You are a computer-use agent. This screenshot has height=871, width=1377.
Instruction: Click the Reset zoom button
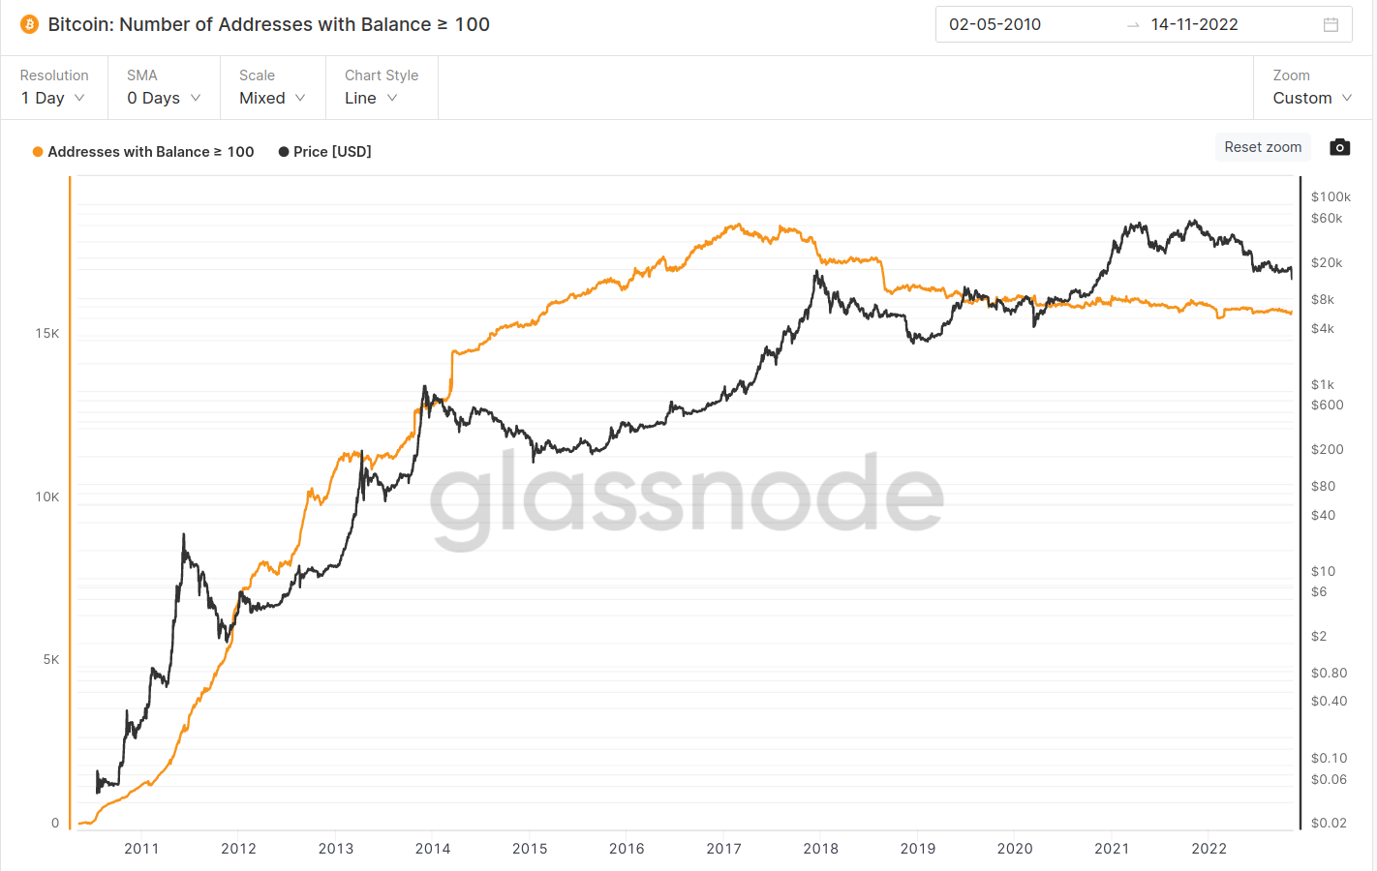pos(1263,147)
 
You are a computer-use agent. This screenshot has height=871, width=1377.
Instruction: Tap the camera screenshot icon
pos(1339,147)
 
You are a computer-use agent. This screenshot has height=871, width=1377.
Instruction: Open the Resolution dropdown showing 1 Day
pos(53,98)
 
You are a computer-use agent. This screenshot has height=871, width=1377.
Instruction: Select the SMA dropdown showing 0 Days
pos(164,98)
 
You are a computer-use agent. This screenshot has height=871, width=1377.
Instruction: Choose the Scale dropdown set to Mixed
pos(272,98)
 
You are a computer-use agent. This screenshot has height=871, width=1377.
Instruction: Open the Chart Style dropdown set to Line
pos(371,98)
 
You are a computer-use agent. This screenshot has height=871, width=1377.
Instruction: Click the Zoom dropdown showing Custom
pos(1311,98)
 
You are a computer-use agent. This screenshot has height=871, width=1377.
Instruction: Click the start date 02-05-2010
pos(994,25)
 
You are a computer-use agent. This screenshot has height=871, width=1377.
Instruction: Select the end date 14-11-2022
pos(1194,25)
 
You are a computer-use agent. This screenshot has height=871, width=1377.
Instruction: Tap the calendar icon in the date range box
pos(1331,25)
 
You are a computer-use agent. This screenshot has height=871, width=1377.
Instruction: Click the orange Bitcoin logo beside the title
pos(29,24)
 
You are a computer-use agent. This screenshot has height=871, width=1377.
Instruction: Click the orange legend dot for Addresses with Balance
pos(38,152)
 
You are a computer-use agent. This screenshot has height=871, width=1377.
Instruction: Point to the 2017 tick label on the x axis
pos(723,849)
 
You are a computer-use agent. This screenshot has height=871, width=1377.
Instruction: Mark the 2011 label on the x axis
pos(141,849)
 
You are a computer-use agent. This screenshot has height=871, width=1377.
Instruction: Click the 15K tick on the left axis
pos(47,334)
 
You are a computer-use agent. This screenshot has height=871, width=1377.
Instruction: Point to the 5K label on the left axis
pos(51,660)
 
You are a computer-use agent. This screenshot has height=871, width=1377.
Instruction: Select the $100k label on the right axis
pos(1331,197)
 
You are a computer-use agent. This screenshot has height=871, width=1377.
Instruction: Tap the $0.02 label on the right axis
pos(1329,824)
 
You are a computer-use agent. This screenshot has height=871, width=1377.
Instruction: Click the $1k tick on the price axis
pos(1322,385)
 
